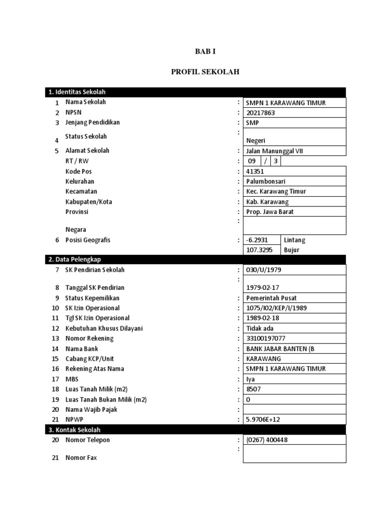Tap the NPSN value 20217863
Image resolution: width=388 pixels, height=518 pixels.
click(x=261, y=113)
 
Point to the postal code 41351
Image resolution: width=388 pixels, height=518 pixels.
click(x=255, y=171)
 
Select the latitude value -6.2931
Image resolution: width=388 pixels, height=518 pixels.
click(x=257, y=240)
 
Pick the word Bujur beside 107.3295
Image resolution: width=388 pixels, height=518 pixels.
click(x=292, y=250)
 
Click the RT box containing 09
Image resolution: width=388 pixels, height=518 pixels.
click(x=252, y=161)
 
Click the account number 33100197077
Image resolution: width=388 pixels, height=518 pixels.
click(x=265, y=338)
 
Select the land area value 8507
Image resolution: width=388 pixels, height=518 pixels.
click(x=254, y=390)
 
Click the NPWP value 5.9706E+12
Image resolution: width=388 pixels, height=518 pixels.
click(x=262, y=420)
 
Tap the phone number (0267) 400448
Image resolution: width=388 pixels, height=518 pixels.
click(x=267, y=440)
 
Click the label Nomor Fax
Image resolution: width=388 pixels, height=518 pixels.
click(x=81, y=458)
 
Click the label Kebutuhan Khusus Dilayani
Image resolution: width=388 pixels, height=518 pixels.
click(x=104, y=328)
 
